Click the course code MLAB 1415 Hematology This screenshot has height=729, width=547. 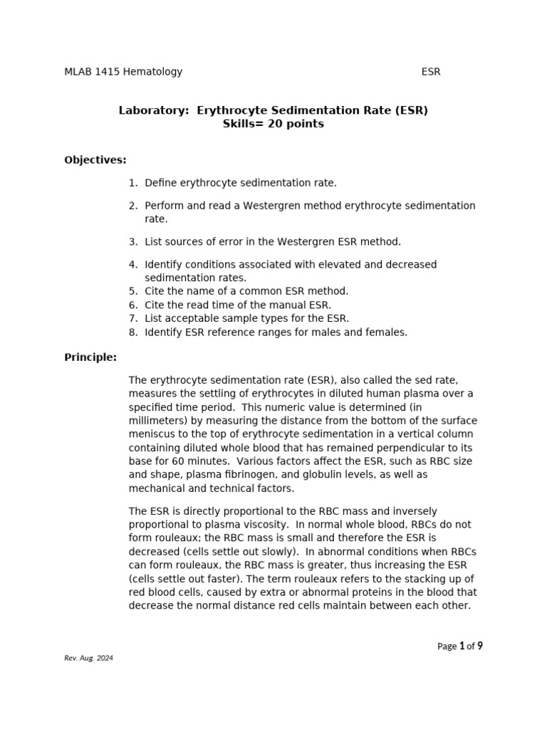pyautogui.click(x=123, y=71)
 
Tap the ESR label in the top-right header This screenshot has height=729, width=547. pyautogui.click(x=431, y=71)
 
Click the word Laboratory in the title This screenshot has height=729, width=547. pyautogui.click(x=154, y=110)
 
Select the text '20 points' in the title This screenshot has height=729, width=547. pyautogui.click(x=296, y=124)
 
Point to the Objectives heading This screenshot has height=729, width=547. pyautogui.click(x=95, y=159)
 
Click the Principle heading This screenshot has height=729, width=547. pyautogui.click(x=90, y=357)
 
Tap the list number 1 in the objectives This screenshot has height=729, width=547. pyautogui.click(x=132, y=183)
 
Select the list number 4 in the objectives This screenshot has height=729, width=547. pyautogui.click(x=132, y=264)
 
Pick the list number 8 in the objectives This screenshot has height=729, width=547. pyautogui.click(x=132, y=332)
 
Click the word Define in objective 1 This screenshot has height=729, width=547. pyautogui.click(x=162, y=183)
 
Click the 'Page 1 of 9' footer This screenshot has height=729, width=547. pyautogui.click(x=459, y=646)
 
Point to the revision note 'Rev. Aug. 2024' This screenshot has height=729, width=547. pyautogui.click(x=89, y=658)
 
